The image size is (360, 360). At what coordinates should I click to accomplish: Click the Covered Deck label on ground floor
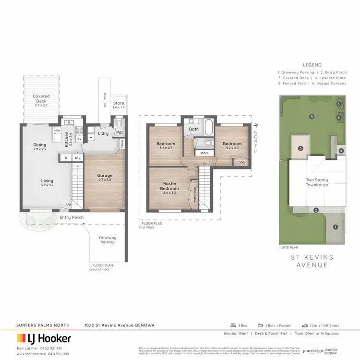(41, 99)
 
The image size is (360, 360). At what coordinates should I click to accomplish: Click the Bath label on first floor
(194, 129)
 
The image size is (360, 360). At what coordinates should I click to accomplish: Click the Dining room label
(39, 147)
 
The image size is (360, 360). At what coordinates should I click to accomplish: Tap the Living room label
(47, 184)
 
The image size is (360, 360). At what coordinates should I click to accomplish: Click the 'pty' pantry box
(77, 157)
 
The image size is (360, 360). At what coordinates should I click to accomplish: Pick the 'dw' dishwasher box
(57, 131)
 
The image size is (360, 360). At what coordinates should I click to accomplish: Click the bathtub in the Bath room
(209, 129)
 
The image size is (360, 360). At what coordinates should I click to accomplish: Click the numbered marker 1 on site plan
(335, 227)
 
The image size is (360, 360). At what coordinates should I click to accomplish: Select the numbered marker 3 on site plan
(300, 148)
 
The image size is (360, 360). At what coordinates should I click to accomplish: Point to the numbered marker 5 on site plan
(312, 116)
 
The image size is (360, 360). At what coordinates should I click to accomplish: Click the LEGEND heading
(312, 65)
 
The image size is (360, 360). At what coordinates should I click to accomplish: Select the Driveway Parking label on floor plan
(108, 240)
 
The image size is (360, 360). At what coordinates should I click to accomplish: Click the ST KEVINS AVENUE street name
(312, 262)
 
